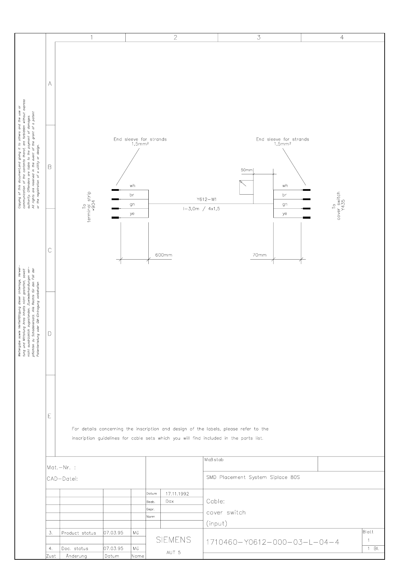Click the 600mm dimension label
point(163,255)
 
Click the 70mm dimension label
point(259,255)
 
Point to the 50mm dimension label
point(247,170)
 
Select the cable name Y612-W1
point(207,199)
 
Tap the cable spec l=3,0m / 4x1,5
point(202,209)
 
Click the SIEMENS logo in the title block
point(173,540)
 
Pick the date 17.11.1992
point(177,494)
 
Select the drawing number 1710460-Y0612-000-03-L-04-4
point(273,542)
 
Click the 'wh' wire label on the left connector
point(132,186)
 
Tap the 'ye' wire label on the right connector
point(285,214)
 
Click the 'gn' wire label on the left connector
point(132,204)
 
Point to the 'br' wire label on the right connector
point(285,195)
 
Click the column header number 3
point(259,37)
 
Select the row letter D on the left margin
point(50,334)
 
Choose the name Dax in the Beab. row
point(170,501)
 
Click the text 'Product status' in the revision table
point(79,533)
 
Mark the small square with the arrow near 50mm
point(246,187)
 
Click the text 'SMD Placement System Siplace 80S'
point(253,477)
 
